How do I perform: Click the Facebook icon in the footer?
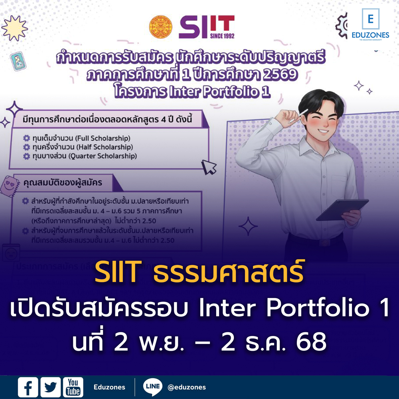pyautogui.click(x=28, y=387)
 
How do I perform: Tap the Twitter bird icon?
pyautogui.click(x=51, y=387)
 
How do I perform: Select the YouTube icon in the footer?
pyautogui.click(x=73, y=387)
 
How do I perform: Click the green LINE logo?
pyautogui.click(x=152, y=387)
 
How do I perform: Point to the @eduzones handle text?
pyautogui.click(x=187, y=387)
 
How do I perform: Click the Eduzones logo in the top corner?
pyautogui.click(x=370, y=24)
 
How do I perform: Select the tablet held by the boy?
pyautogui.click(x=342, y=210)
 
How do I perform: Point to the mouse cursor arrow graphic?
pyautogui.click(x=209, y=167)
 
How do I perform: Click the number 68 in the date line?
pyautogui.click(x=312, y=342)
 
